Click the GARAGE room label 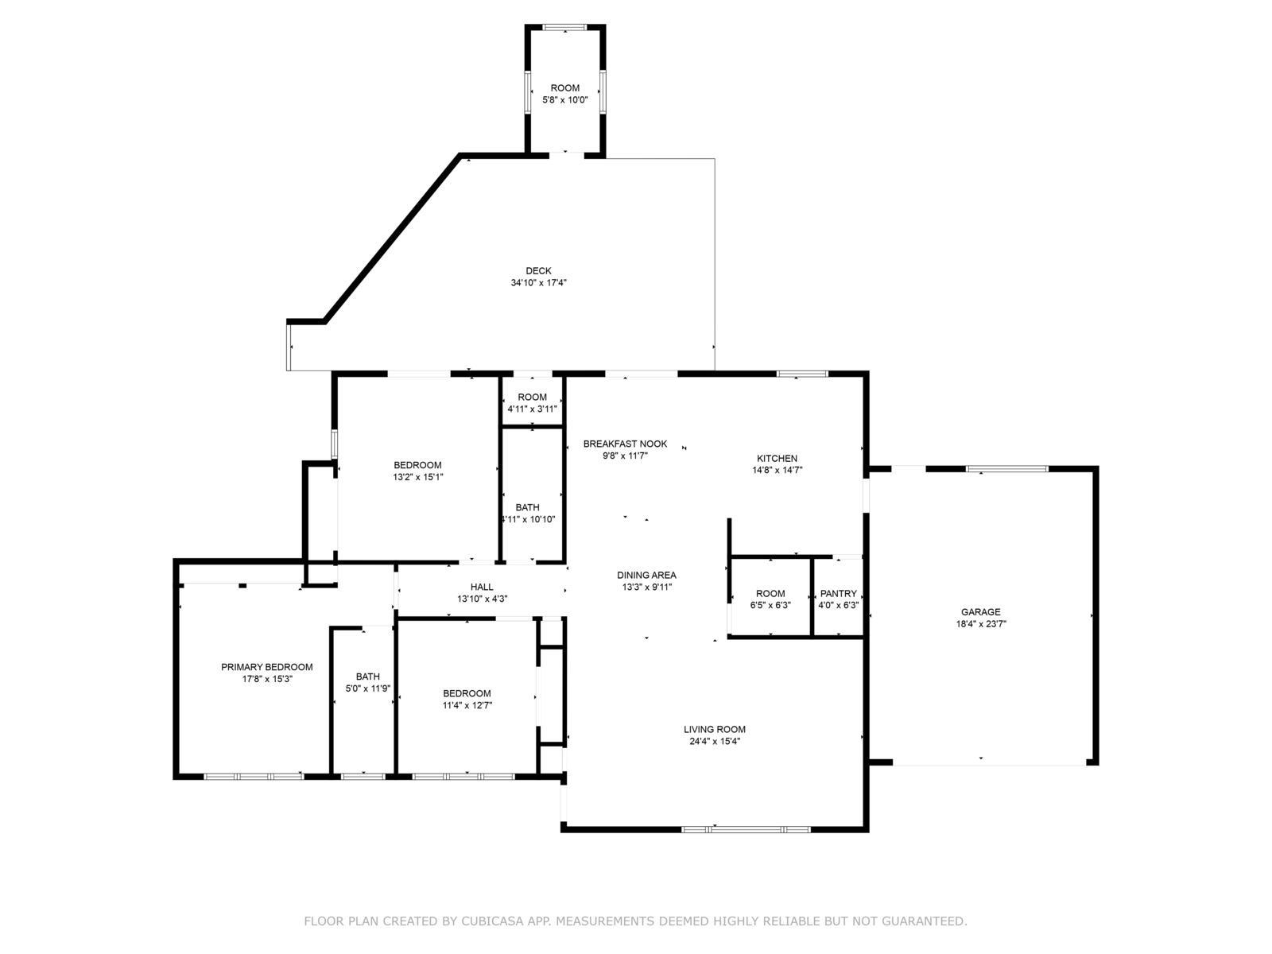point(980,611)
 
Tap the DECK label point(538,270)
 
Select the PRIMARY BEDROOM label point(266,667)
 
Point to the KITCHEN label point(777,458)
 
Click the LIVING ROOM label point(715,729)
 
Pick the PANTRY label point(839,593)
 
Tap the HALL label point(482,587)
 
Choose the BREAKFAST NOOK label point(626,444)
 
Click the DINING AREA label point(646,575)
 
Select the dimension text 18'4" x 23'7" point(981,624)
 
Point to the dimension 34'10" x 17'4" point(538,283)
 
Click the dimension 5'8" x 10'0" point(565,99)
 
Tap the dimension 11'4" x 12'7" point(467,705)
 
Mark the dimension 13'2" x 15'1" point(418,477)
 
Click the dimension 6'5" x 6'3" point(770,605)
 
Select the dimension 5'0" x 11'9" point(368,688)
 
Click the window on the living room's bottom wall point(746,829)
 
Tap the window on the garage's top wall point(1007,468)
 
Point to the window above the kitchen point(803,374)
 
